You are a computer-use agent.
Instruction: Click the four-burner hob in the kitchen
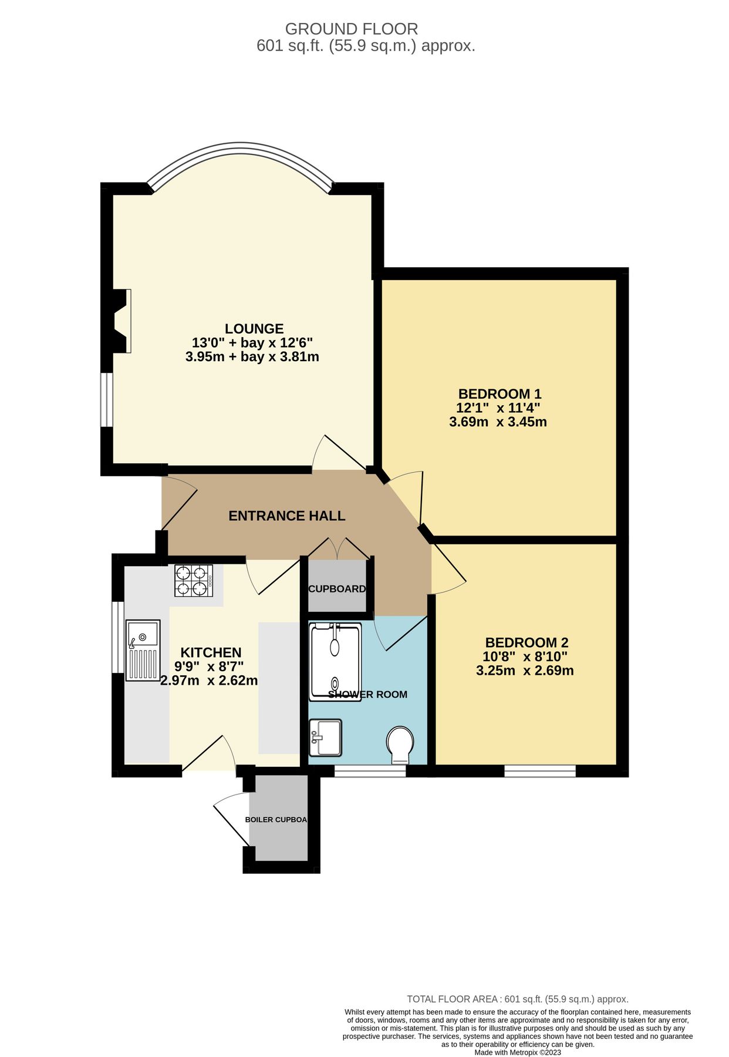coord(193,580)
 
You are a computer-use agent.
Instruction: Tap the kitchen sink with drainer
coord(143,650)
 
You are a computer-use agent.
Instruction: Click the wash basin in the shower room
coord(326,738)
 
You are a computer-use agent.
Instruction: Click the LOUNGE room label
coord(254,329)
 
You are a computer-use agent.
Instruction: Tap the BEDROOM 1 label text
coord(500,393)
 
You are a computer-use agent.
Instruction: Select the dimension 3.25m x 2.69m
coord(525,671)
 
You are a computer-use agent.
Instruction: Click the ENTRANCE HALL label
coord(286,516)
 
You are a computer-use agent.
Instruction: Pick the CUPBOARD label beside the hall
coord(337,589)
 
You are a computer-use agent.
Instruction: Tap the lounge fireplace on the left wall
coord(122,321)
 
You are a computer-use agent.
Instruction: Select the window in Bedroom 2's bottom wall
coord(539,771)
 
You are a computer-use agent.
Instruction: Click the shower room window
coord(370,771)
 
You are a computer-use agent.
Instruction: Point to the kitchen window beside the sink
coord(118,637)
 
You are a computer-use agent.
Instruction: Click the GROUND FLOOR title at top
coord(351,29)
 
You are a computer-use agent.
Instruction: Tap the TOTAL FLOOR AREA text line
coord(517,999)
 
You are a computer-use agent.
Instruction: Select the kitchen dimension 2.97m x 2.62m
coord(209,681)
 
